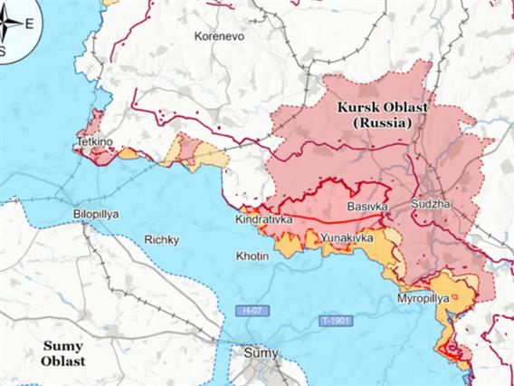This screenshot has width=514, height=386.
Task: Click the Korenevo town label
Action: [x=216, y=37]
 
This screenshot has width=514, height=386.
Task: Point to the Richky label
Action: [x=162, y=240]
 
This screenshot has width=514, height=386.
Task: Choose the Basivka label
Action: [x=367, y=207]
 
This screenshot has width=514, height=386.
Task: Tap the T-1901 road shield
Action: [x=334, y=322]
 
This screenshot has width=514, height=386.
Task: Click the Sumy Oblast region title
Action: [x=62, y=353]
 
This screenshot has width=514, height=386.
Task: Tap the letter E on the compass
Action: [x=31, y=24]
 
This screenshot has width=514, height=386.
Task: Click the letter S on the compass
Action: [x=3, y=51]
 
